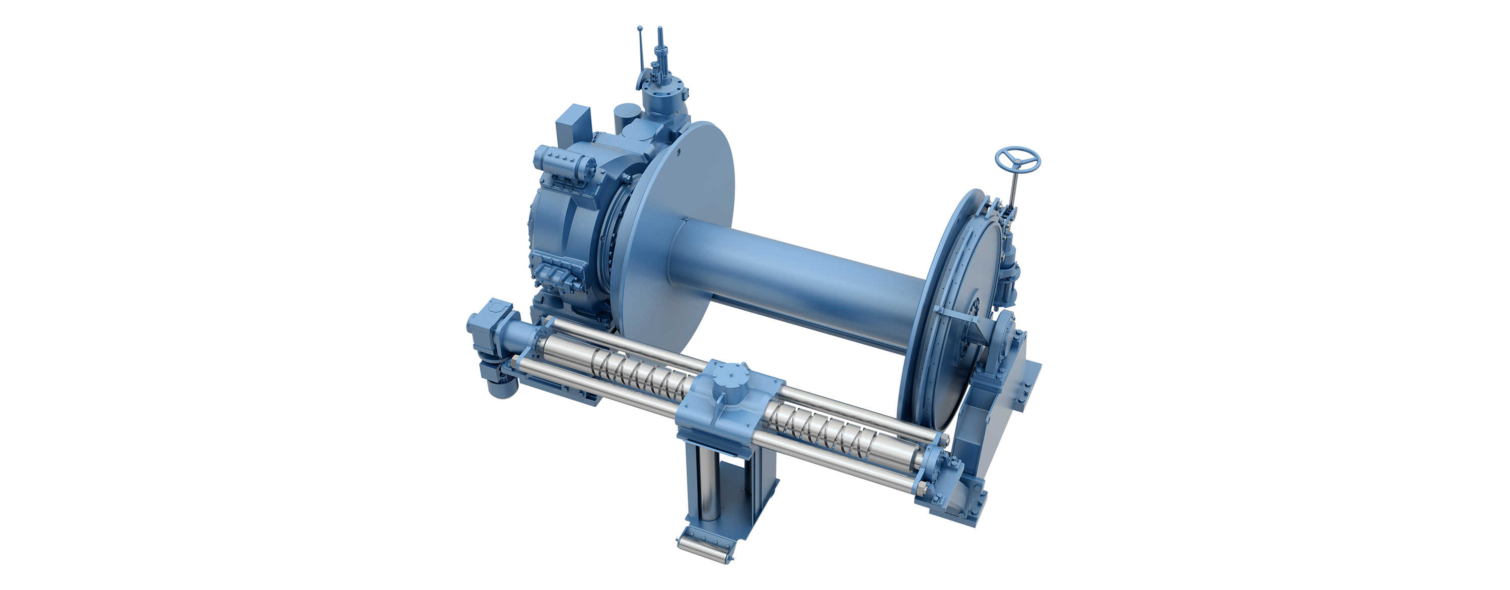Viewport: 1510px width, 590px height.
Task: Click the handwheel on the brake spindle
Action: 1017,160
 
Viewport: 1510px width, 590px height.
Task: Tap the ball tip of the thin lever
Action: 640,28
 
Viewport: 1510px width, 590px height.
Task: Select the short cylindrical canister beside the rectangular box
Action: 627,117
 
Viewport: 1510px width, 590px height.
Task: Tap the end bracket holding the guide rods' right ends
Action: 938,475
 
